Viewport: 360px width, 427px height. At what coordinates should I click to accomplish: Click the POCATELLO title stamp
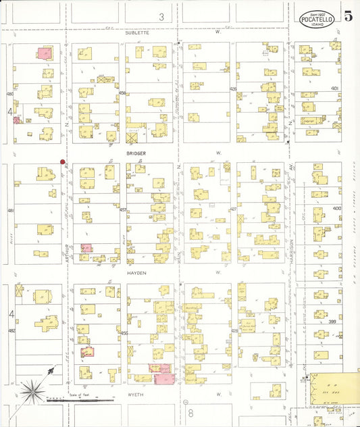pos(317,18)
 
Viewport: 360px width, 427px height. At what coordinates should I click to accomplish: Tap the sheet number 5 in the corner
pos(348,17)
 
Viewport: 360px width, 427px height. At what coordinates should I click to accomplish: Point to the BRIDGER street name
pos(135,153)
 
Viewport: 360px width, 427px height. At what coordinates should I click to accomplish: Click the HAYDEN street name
pos(136,273)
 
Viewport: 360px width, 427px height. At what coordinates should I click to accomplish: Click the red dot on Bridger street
pos(62,162)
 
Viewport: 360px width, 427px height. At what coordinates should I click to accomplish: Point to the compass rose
pos(30,390)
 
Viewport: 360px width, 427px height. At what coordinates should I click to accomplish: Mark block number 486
pos(9,94)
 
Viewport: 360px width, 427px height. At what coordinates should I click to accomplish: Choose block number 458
pos(122,93)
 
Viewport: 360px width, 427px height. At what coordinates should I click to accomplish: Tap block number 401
pos(335,88)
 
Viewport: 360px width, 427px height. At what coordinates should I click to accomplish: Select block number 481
pos(10,211)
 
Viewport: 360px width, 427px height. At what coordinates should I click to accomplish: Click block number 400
pos(336,208)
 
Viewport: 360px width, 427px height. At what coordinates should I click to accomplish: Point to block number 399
pos(332,323)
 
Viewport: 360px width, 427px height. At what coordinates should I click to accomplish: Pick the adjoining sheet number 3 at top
pos(161,16)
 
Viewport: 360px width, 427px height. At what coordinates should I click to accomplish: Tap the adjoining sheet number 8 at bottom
pos(191,411)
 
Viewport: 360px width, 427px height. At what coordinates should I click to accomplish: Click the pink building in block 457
pos(86,248)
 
